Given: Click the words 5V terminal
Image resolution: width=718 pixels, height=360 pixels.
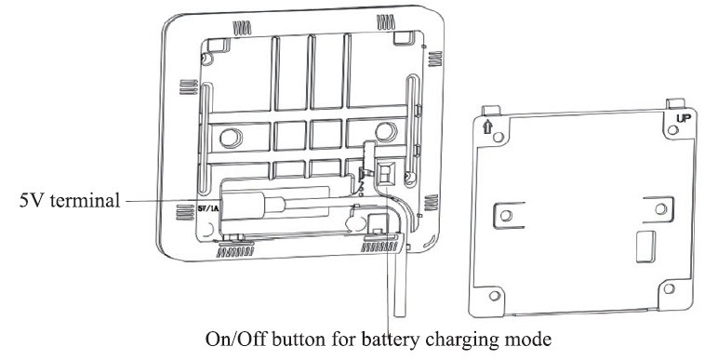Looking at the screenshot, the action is pyautogui.click(x=69, y=200).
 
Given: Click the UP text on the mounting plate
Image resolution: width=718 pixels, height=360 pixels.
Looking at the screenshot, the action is pyautogui.click(x=685, y=118).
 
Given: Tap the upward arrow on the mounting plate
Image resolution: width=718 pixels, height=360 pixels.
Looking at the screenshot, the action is pyautogui.click(x=487, y=127).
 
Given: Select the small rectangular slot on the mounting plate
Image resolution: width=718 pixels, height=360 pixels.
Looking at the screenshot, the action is pyautogui.click(x=645, y=247).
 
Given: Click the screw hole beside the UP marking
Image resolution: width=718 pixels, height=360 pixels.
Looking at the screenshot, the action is pyautogui.click(x=673, y=130).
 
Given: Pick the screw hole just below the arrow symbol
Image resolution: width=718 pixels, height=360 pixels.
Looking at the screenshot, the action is pyautogui.click(x=499, y=137).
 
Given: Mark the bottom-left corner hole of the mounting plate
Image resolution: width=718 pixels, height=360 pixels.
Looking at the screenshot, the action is pyautogui.click(x=494, y=296).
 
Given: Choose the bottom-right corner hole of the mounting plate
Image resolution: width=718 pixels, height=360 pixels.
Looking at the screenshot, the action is pyautogui.click(x=669, y=288).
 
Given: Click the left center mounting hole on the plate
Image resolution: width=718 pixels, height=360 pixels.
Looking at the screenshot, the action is pyautogui.click(x=506, y=215).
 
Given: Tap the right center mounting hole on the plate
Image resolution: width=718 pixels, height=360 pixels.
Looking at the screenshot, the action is pyautogui.click(x=660, y=209).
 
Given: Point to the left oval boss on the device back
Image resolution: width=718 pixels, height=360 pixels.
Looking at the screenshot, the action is pyautogui.click(x=231, y=138).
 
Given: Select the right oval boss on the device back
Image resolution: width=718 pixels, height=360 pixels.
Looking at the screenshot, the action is pyautogui.click(x=386, y=132).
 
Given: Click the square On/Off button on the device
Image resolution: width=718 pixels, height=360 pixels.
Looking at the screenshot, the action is pyautogui.click(x=385, y=173).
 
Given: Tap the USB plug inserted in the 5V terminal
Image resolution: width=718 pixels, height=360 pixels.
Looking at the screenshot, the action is pyautogui.click(x=250, y=206).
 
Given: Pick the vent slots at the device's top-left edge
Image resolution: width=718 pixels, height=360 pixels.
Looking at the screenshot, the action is pyautogui.click(x=242, y=29).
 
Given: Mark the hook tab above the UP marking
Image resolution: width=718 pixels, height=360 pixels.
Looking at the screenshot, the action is pyautogui.click(x=675, y=103).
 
